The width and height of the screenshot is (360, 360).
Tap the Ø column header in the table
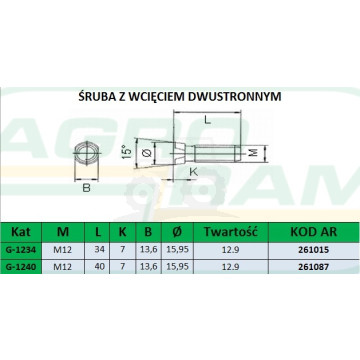(x=177, y=228)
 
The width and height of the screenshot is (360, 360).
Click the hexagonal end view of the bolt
(x=84, y=155)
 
